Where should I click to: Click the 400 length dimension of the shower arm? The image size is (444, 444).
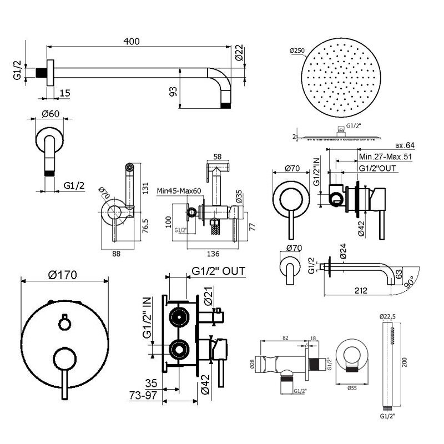(x=132, y=42)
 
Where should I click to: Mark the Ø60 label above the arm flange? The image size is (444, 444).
(x=51, y=114)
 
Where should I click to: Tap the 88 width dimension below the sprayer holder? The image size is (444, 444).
(x=117, y=254)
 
